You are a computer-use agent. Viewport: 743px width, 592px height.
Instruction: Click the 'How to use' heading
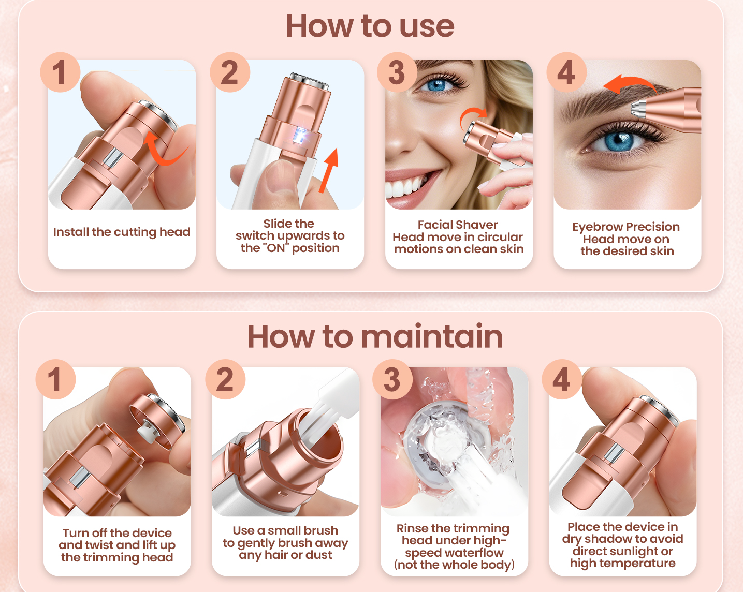tap(370, 26)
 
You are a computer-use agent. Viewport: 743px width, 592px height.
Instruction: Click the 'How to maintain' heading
tap(375, 336)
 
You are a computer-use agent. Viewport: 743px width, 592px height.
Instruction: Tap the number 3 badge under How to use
tap(397, 72)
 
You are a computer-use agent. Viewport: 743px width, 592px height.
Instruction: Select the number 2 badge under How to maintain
tap(225, 379)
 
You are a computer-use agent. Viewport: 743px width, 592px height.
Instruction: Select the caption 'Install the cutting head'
tap(122, 232)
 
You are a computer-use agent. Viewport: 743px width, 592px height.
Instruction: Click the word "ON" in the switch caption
tap(276, 248)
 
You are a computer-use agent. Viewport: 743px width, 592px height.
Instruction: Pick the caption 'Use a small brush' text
tap(285, 530)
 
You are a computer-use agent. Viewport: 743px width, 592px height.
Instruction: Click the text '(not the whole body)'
tap(454, 565)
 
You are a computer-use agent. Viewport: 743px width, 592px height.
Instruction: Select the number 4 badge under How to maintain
tap(562, 379)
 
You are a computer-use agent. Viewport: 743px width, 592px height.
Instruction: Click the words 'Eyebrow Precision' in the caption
tap(625, 227)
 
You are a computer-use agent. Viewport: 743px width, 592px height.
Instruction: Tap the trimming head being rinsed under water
tap(440, 440)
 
